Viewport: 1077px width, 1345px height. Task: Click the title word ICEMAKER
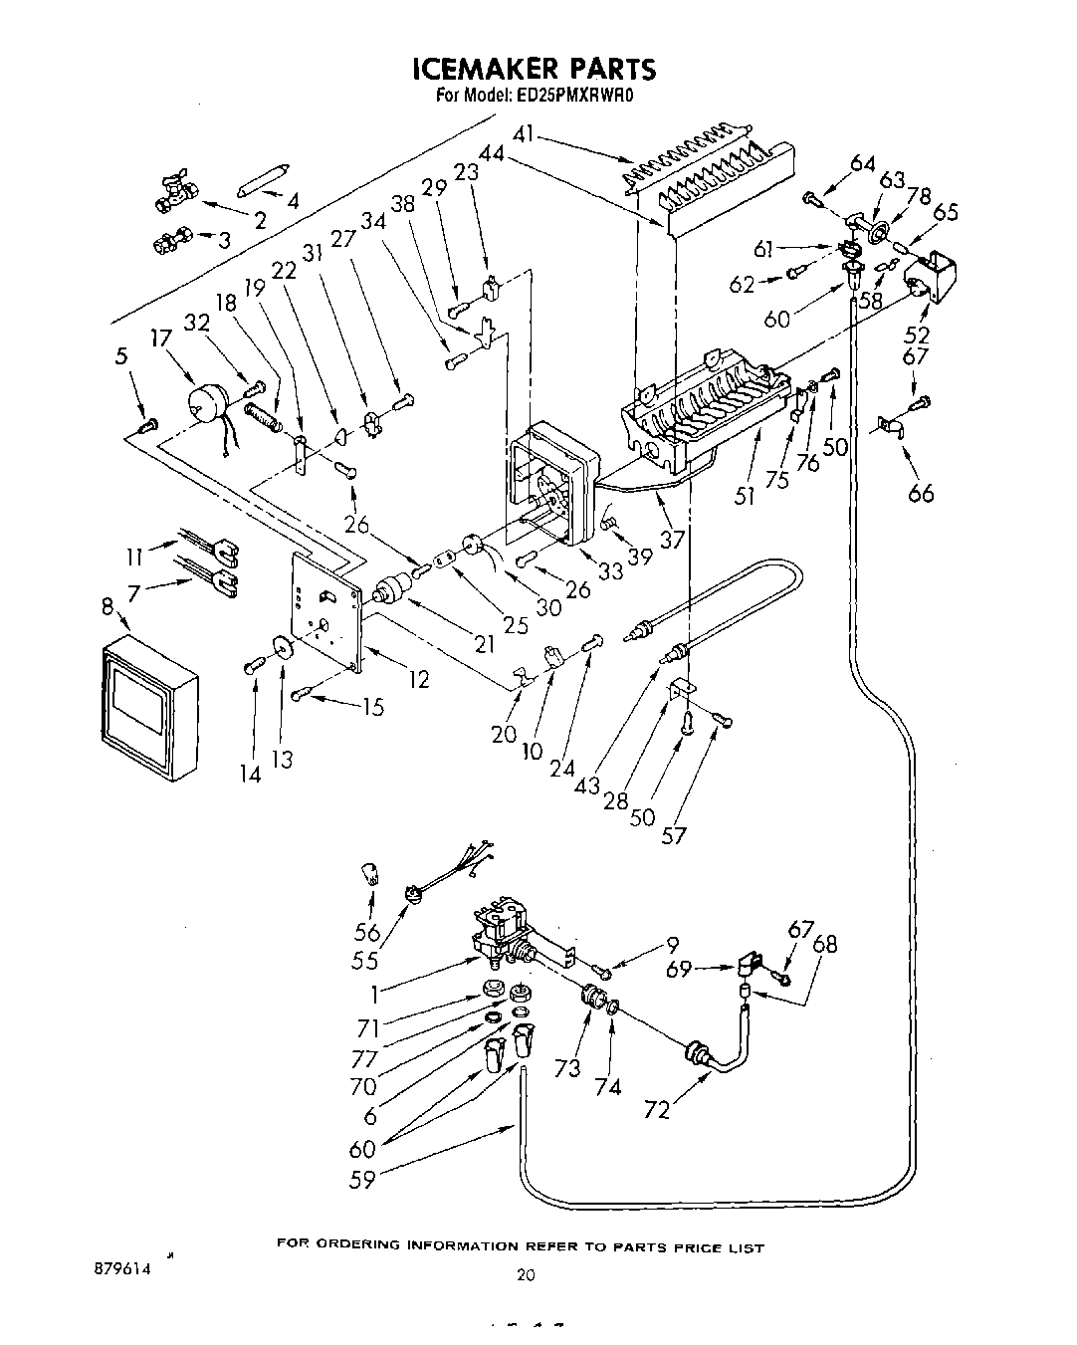[x=481, y=69]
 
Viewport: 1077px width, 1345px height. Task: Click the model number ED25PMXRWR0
[x=574, y=97]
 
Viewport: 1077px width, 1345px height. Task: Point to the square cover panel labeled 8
[x=149, y=708]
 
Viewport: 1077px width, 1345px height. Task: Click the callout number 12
[x=418, y=680]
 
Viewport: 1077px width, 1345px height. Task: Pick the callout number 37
[x=673, y=539]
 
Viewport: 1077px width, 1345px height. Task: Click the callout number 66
[x=921, y=491]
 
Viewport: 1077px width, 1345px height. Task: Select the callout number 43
[x=586, y=785]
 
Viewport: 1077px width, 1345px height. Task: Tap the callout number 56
[x=368, y=932]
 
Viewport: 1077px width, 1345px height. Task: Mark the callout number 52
[x=917, y=336]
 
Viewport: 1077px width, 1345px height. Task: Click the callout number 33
[x=610, y=570]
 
